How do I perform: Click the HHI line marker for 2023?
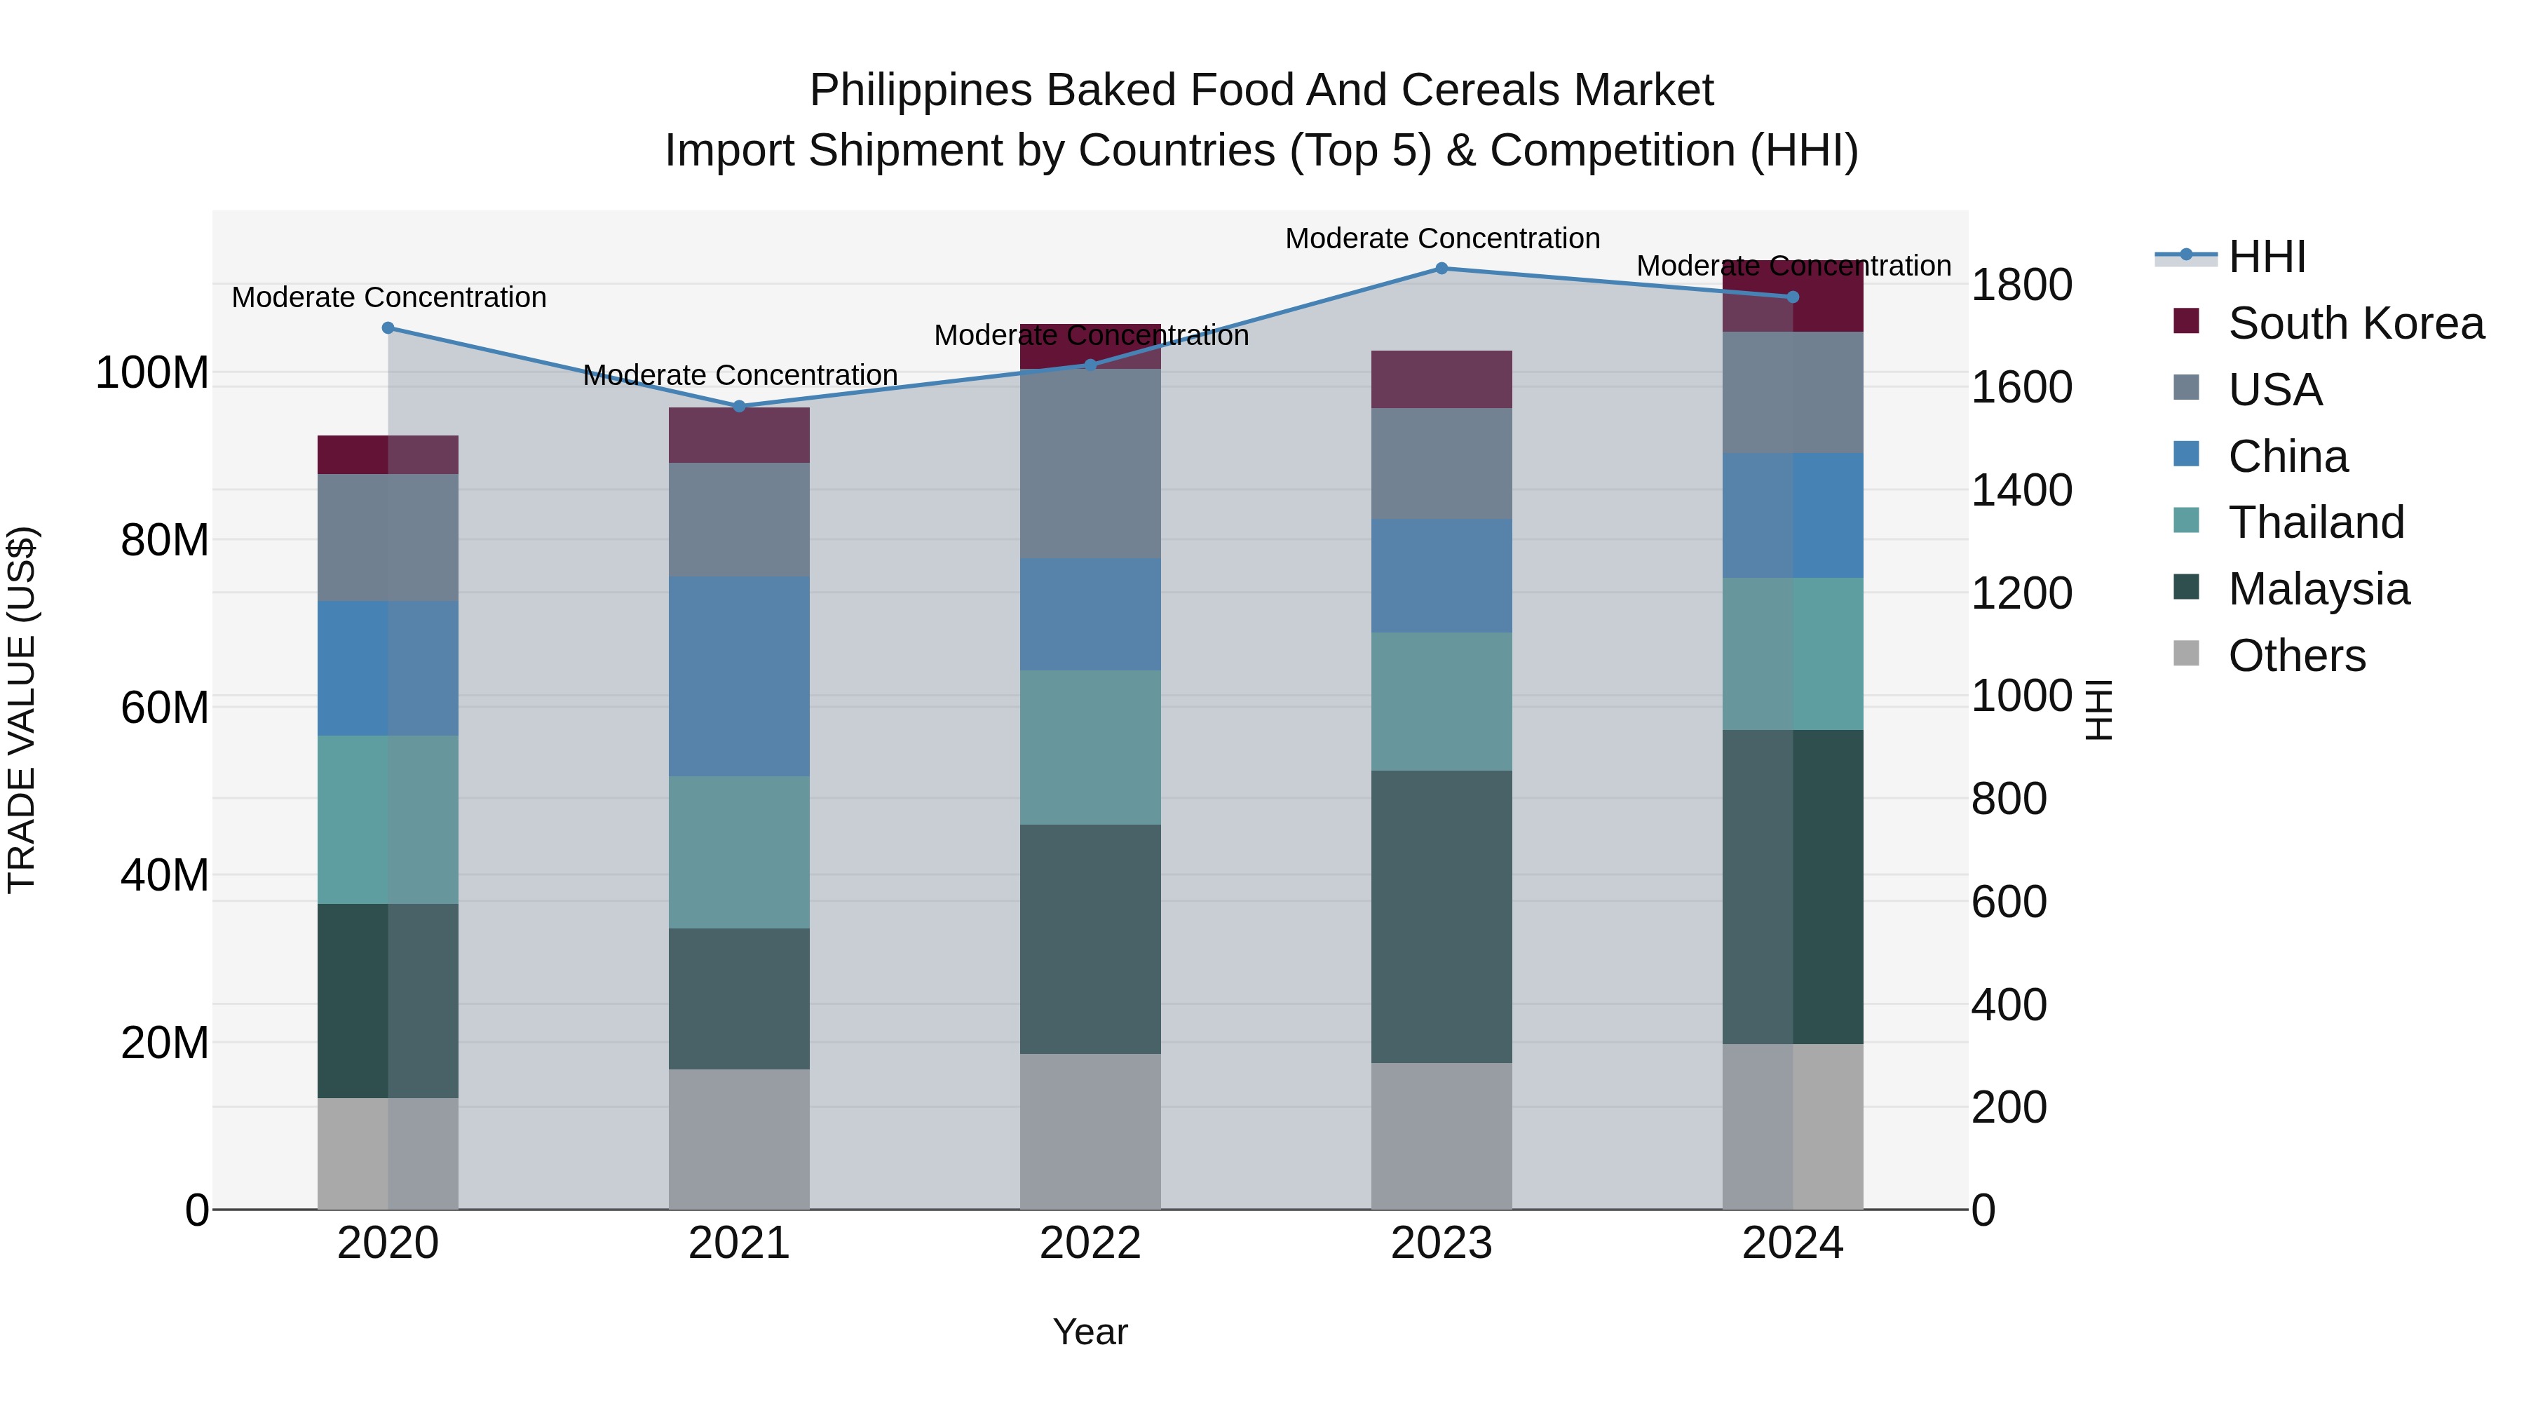point(1441,269)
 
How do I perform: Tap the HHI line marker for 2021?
point(740,407)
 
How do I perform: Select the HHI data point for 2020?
point(388,328)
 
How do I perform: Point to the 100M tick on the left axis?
point(153,373)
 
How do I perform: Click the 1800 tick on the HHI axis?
point(2021,285)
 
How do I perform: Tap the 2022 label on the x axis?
point(1090,1243)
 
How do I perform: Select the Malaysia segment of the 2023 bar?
point(1441,917)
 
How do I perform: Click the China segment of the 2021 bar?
point(740,676)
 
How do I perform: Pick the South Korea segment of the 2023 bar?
point(1441,379)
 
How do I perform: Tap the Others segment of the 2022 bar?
point(1090,1132)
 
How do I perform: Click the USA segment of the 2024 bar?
point(1793,392)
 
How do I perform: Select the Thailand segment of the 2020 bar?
point(388,819)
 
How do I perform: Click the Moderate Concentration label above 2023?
point(1442,238)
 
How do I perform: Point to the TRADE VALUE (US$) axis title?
point(22,710)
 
